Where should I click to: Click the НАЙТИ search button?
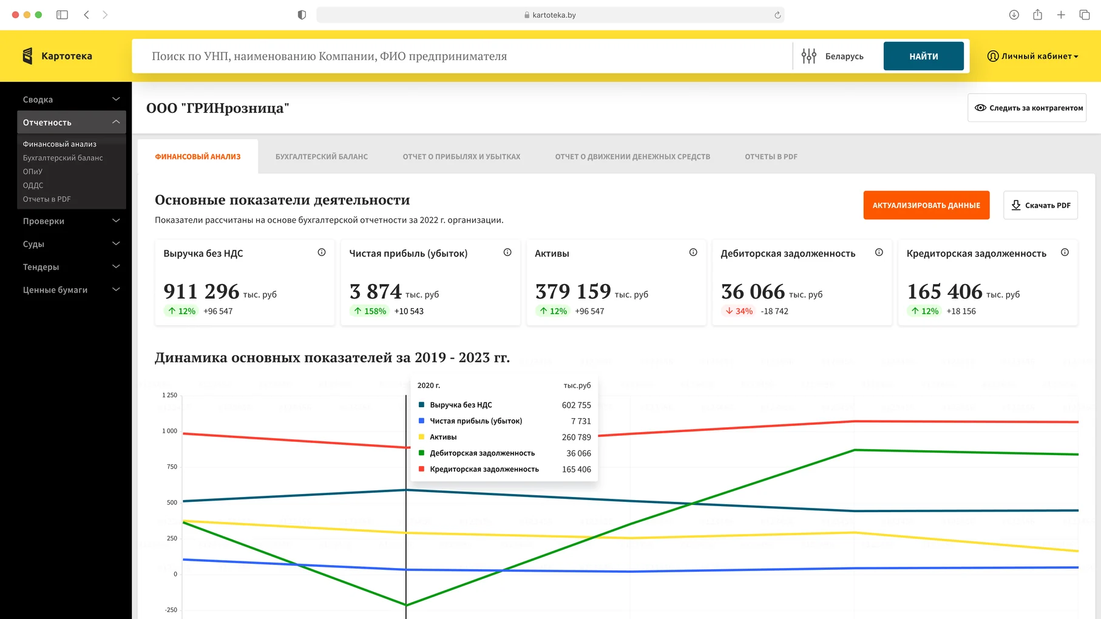923,56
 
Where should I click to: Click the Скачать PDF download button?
1040,205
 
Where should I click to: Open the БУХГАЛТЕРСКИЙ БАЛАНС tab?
322,157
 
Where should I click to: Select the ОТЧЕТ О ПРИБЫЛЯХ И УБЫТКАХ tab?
461,157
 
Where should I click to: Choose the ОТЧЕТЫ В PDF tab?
771,157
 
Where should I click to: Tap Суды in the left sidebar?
34,244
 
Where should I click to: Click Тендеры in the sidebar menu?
41,267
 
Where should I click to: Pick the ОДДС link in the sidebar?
33,185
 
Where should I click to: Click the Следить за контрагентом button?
1027,108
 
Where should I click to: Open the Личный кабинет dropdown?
1033,56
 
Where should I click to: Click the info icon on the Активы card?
693,252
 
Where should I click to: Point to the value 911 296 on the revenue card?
202,291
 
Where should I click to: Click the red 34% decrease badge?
739,311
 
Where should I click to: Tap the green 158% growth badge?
370,311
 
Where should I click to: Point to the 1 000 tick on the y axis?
170,431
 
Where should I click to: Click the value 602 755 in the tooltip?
576,405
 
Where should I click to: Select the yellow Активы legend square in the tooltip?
421,437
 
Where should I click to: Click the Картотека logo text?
67,56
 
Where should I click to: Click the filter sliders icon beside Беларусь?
808,56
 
